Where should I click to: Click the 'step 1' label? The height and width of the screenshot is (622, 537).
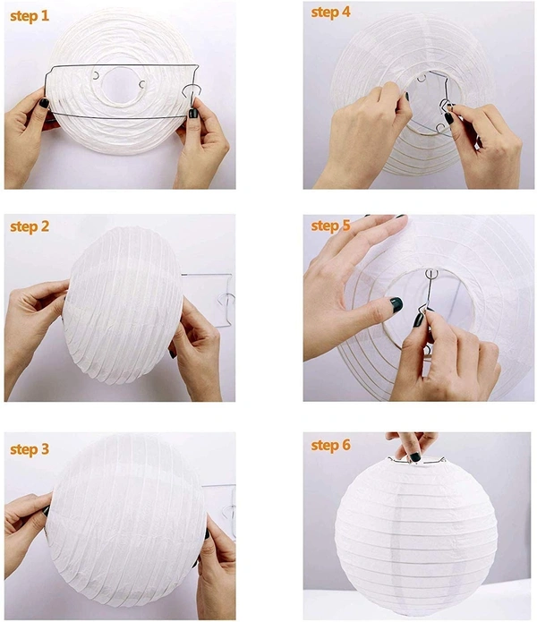(30, 17)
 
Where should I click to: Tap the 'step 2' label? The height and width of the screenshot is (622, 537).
(30, 227)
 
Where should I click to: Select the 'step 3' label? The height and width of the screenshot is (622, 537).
(30, 449)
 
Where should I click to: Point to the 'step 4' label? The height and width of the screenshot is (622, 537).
(332, 13)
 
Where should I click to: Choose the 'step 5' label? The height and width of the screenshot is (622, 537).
(332, 226)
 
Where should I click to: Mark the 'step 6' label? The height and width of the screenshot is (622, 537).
(332, 446)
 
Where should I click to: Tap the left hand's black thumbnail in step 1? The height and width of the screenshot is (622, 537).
(43, 104)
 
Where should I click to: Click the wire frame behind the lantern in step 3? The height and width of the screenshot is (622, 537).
(219, 510)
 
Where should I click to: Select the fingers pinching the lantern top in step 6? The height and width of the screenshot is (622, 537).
(413, 447)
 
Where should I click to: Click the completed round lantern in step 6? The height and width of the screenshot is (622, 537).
(415, 533)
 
